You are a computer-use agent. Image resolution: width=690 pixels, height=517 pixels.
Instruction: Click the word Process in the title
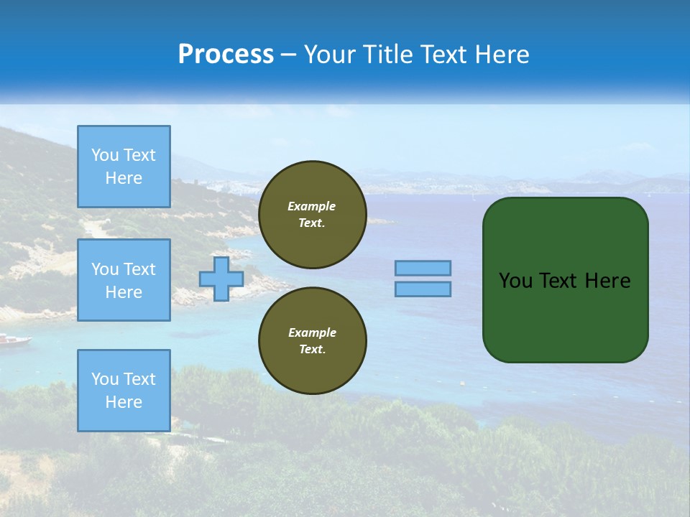(x=226, y=55)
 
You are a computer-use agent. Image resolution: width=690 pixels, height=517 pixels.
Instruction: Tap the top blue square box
(x=124, y=167)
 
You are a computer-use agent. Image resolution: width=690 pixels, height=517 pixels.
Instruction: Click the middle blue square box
(x=124, y=280)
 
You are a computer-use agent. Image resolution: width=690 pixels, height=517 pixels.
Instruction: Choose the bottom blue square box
(x=124, y=391)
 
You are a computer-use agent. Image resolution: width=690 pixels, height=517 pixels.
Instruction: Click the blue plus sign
(x=221, y=279)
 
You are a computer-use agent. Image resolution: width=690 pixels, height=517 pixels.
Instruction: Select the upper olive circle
(x=313, y=215)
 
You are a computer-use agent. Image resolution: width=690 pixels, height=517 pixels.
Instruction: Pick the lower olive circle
(x=313, y=341)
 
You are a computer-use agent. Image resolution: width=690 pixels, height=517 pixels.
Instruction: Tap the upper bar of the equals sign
(x=423, y=268)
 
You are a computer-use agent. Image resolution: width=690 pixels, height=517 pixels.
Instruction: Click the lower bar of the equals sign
(x=423, y=289)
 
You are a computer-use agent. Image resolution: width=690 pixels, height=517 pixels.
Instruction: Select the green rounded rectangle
(x=565, y=280)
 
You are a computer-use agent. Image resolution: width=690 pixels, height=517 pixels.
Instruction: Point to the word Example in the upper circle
(x=312, y=206)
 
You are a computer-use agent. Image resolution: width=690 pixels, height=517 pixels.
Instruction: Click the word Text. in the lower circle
(x=312, y=350)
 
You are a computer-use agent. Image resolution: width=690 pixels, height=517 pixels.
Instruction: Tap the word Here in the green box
(x=607, y=281)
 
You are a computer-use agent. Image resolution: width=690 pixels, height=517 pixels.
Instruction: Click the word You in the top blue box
(x=105, y=155)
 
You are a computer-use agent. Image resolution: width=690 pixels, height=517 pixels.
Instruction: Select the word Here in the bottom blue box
(x=124, y=402)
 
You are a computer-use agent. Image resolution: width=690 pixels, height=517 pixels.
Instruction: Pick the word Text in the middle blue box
(x=139, y=269)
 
